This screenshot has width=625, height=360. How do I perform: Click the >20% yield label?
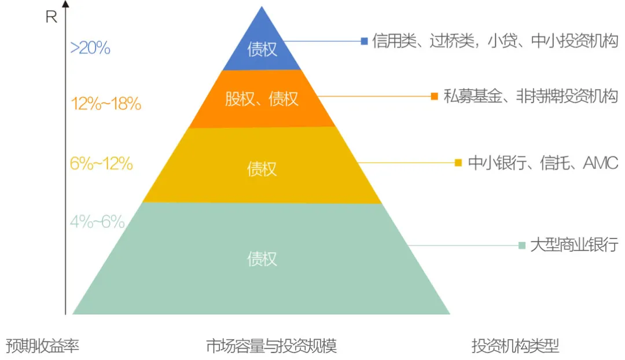point(90,48)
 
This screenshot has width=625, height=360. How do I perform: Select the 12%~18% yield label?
point(106,104)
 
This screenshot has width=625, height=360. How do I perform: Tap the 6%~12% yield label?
point(101,164)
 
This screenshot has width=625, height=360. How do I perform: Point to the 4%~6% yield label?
point(97,222)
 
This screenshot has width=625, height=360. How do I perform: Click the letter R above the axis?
point(52,17)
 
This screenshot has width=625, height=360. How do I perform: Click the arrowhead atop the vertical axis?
point(65,5)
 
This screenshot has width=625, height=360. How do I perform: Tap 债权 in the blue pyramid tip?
point(262,49)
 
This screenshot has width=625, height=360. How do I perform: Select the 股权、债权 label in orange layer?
point(262,99)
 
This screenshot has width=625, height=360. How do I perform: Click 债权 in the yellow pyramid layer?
point(262,168)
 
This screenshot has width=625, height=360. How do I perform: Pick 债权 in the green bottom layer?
point(262,259)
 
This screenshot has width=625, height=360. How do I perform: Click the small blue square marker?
point(364,41)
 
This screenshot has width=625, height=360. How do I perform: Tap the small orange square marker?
point(434,96)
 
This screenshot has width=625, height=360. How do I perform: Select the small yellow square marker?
point(458,163)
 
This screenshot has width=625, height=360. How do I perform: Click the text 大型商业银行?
point(574,245)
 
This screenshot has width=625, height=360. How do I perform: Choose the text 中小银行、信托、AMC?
point(543,163)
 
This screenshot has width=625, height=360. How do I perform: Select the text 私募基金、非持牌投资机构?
point(531,96)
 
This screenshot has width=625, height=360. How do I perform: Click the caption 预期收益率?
point(42,346)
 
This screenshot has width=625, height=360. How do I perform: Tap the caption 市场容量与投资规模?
point(271,346)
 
